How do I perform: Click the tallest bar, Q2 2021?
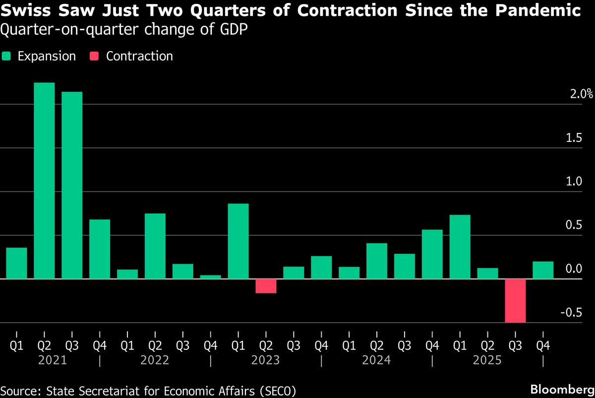click(x=44, y=181)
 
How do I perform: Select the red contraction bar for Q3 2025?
click(x=515, y=301)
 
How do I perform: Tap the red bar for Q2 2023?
click(x=266, y=286)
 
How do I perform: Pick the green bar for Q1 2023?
click(x=238, y=241)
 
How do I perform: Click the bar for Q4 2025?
click(x=543, y=270)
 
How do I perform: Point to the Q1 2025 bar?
click(x=460, y=247)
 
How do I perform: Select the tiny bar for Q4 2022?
click(x=210, y=277)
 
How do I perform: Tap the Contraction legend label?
click(x=139, y=56)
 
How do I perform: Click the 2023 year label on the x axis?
click(x=266, y=360)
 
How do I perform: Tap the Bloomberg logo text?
click(x=562, y=389)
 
